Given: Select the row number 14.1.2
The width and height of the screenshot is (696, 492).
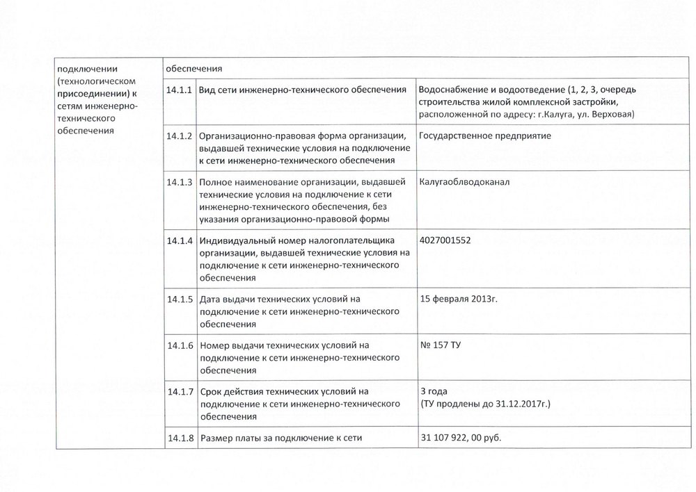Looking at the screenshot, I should pos(180,136).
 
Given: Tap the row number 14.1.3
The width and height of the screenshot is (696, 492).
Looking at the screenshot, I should pos(180,183).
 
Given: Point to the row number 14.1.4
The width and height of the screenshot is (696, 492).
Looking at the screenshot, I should pos(180,241).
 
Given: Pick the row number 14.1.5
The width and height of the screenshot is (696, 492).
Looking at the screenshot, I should pos(180,300).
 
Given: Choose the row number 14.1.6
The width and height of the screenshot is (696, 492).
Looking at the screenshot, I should pos(180,345).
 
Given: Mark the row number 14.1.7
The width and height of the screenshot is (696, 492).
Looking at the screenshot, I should pos(180,392).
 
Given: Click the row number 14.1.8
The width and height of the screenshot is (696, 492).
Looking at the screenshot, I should pos(180,438).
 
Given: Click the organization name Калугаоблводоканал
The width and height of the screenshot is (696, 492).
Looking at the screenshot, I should pos(465,181).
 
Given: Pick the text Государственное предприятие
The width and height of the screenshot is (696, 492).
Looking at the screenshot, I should pos(485,136).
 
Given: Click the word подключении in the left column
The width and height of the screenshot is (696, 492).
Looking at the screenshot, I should pos(87,68).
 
